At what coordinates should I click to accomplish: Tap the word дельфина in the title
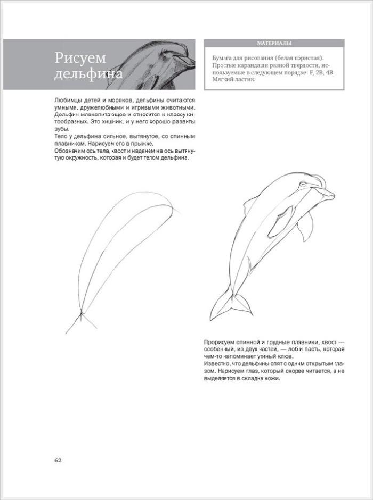pyautogui.click(x=88, y=73)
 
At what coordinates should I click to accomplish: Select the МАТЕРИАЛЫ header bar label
pyautogui.click(x=274, y=44)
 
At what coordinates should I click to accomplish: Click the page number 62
pyautogui.click(x=58, y=460)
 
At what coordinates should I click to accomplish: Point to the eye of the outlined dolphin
pyautogui.click(x=304, y=184)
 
